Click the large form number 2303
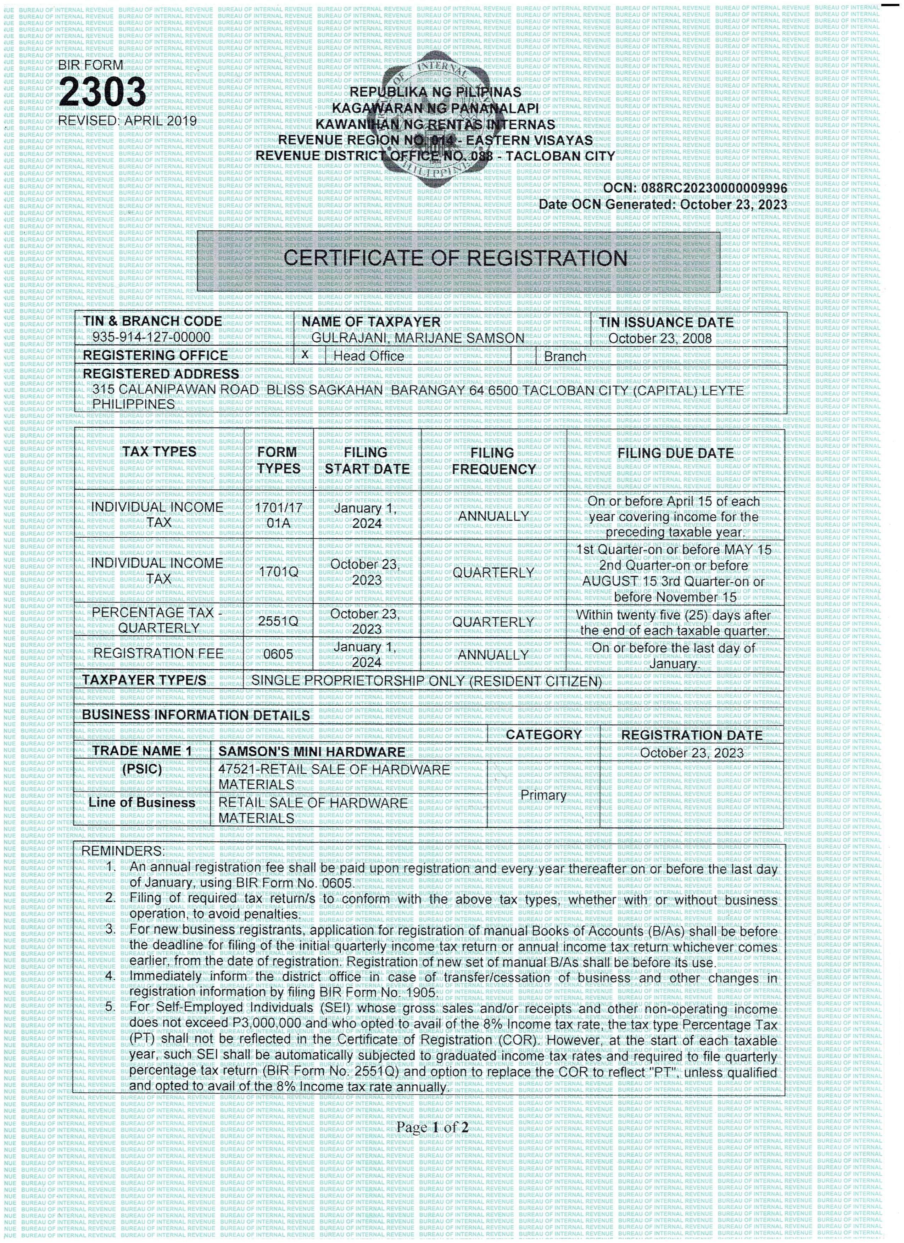(x=102, y=92)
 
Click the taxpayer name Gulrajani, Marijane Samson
(x=418, y=338)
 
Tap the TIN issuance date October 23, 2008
(x=659, y=338)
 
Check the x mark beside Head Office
(x=305, y=354)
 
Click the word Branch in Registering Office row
(x=565, y=357)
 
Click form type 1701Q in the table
(x=279, y=572)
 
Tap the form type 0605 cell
(x=279, y=654)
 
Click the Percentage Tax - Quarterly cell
(x=158, y=620)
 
